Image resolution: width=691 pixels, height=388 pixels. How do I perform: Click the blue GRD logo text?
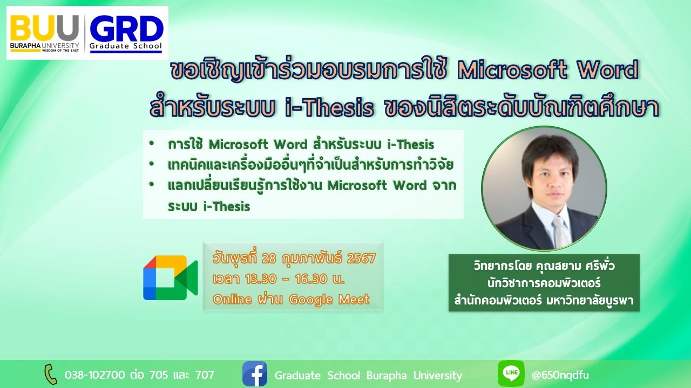click(x=126, y=28)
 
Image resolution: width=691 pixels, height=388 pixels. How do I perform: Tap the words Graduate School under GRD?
click(x=126, y=46)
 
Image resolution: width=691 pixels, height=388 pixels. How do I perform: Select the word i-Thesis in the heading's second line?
click(x=329, y=108)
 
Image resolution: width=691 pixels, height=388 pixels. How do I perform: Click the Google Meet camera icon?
click(x=170, y=278)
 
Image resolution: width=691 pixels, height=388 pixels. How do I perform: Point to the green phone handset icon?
click(x=50, y=374)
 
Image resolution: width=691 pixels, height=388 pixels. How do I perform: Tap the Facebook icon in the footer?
click(x=255, y=374)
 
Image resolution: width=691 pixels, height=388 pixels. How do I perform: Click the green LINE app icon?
click(x=511, y=374)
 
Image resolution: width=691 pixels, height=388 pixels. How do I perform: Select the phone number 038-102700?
click(x=95, y=375)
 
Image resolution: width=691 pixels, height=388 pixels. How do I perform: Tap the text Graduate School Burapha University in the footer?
click(x=368, y=375)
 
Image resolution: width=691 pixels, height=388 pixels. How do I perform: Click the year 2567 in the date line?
click(x=361, y=259)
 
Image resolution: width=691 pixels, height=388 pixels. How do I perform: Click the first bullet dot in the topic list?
click(x=153, y=144)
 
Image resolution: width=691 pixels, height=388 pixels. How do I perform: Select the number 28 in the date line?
click(x=268, y=259)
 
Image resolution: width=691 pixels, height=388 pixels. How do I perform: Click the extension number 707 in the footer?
click(x=204, y=375)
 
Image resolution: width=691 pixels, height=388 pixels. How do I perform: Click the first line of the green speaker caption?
click(x=544, y=267)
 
